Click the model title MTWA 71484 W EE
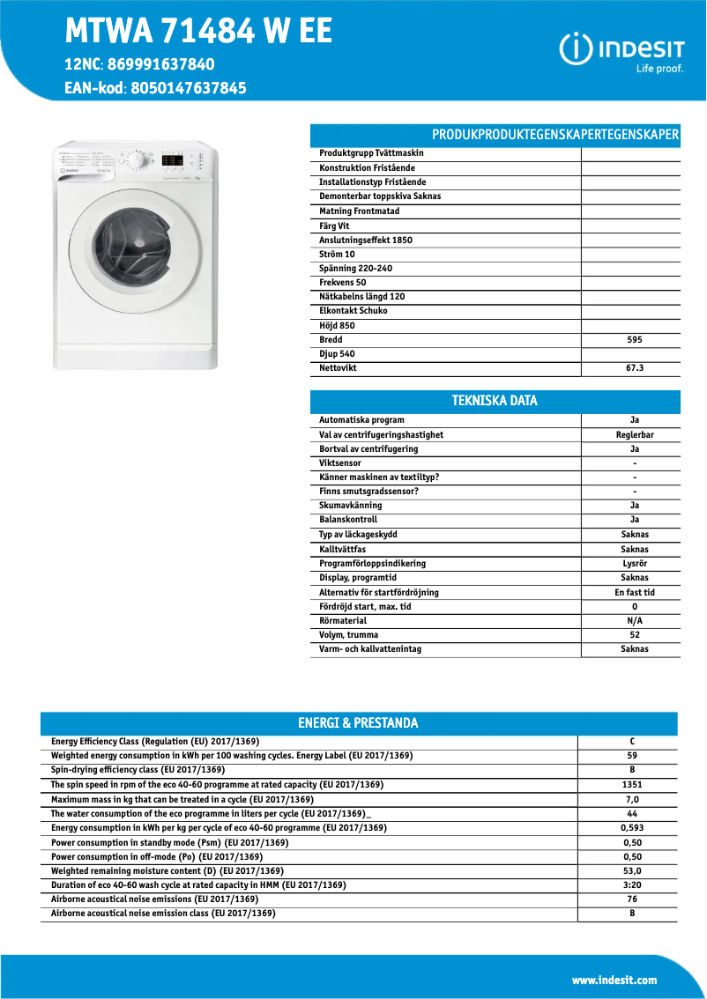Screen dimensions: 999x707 (198, 32)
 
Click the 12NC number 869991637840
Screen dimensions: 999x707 (161, 64)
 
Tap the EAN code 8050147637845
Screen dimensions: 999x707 (188, 88)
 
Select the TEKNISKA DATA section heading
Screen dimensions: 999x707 (495, 401)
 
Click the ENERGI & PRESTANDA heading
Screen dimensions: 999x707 (358, 723)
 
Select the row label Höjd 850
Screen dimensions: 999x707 (337, 325)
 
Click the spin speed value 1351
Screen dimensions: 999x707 (632, 784)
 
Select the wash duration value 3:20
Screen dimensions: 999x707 (632, 884)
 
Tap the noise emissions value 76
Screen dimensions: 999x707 (632, 899)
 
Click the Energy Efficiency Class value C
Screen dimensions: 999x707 (632, 741)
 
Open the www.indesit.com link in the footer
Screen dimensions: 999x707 (614, 980)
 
